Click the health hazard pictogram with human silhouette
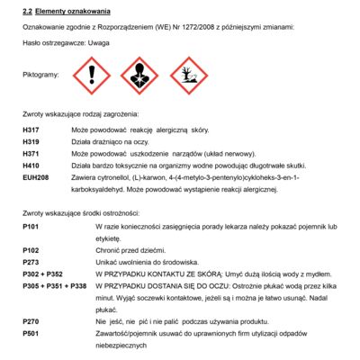coord(139,76)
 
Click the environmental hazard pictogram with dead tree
coord(187,76)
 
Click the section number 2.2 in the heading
coord(28,11)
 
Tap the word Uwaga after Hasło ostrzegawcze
coord(100,43)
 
